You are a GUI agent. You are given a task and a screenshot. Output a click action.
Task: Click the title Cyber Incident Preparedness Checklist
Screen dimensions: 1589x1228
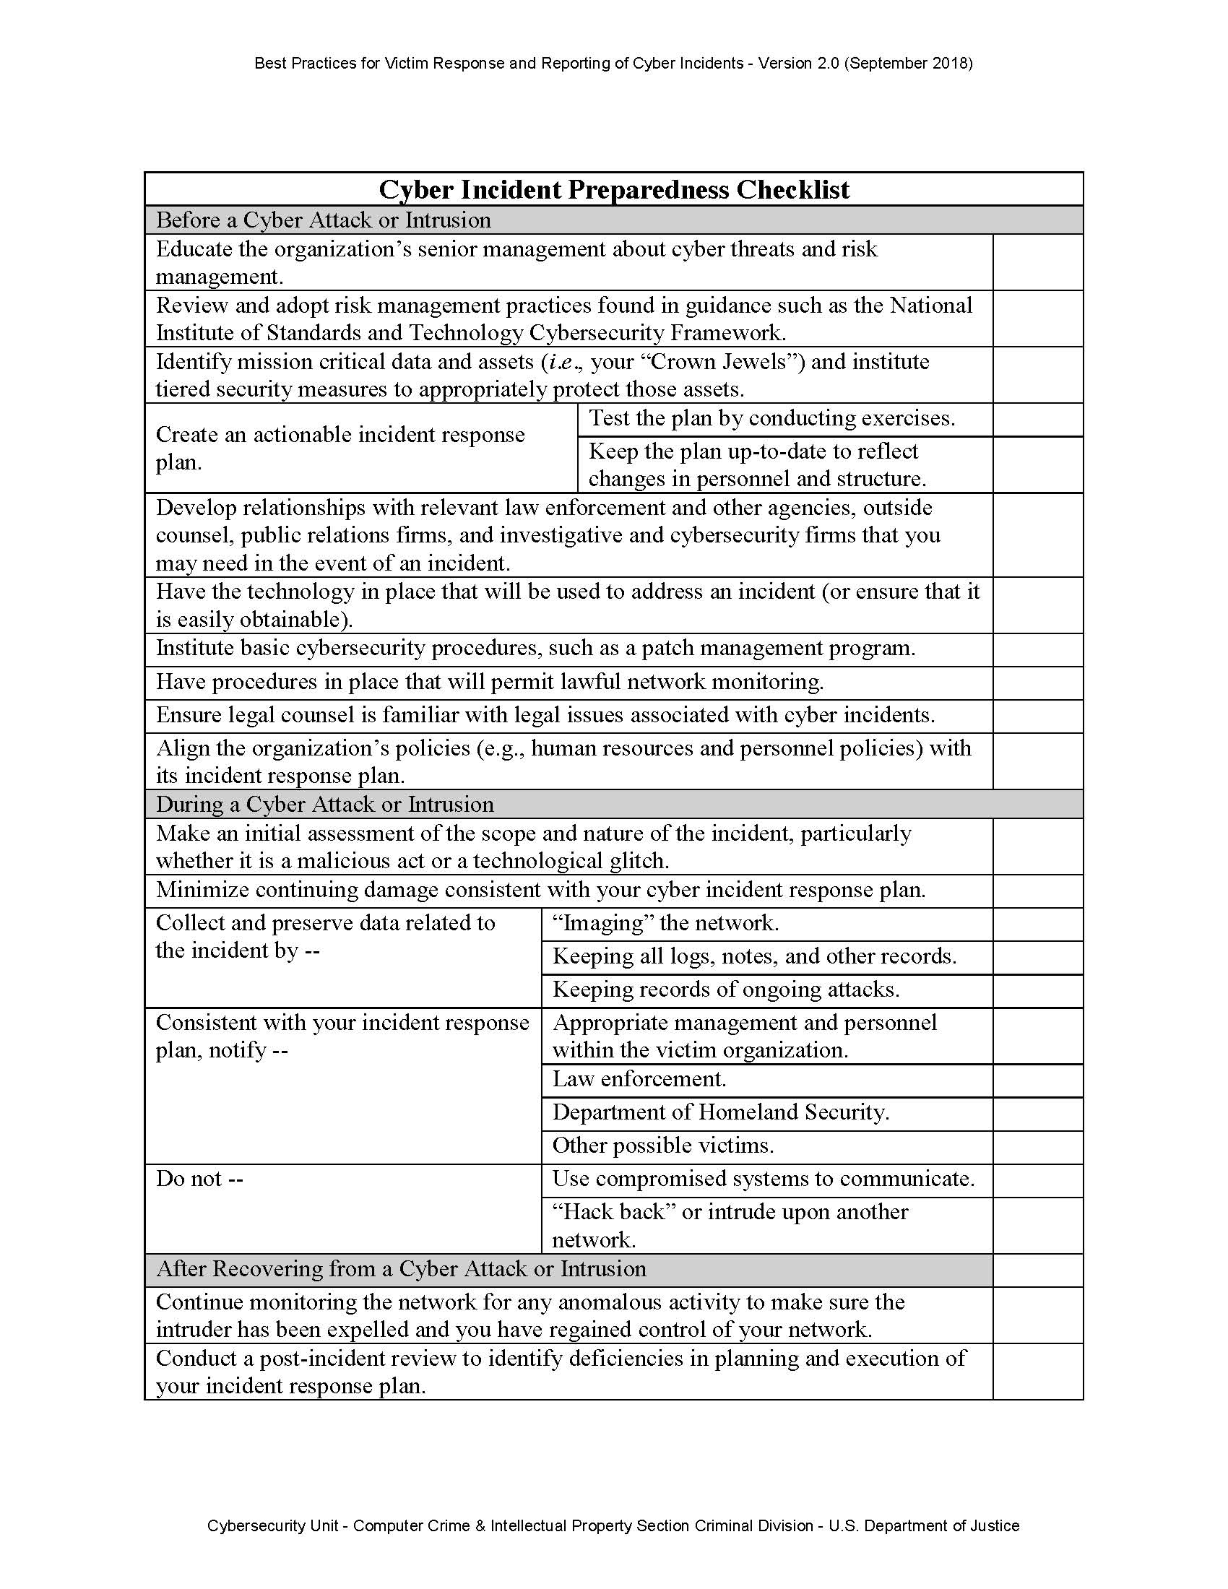614,190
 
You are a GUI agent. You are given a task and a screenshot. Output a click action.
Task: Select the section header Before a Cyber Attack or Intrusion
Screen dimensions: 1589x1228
323,220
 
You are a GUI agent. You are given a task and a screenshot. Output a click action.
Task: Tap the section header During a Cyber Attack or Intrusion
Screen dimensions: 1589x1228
324,804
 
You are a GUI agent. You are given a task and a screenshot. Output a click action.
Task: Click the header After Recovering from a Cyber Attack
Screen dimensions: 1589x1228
401,1268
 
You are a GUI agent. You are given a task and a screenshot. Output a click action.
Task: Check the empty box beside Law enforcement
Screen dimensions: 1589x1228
1037,1081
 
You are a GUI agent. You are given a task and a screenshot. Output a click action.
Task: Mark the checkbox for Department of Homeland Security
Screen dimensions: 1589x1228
1037,1113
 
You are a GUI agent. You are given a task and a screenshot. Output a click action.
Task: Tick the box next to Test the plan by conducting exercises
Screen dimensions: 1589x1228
1037,420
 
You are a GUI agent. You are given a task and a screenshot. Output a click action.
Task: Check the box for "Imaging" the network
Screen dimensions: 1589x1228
1037,924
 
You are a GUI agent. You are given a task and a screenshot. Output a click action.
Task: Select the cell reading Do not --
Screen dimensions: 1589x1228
199,1179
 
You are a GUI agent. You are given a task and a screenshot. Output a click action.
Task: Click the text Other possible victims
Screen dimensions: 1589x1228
662,1146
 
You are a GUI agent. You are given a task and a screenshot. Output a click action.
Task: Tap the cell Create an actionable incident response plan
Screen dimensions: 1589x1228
340,448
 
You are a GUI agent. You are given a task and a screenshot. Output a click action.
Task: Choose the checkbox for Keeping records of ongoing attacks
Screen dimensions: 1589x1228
1037,991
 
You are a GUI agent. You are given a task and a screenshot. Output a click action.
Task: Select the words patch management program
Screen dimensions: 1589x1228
778,648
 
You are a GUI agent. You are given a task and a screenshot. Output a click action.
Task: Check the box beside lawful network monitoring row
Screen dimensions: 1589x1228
1037,683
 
